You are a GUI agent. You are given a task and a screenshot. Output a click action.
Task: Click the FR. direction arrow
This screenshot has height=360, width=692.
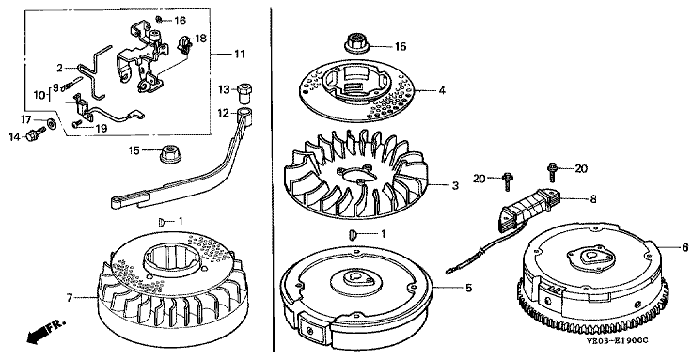(x=45, y=331)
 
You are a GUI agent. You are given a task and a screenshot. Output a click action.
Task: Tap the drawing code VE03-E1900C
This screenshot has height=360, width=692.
(x=618, y=340)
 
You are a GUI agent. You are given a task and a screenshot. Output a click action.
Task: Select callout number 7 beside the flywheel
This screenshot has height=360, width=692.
(x=70, y=298)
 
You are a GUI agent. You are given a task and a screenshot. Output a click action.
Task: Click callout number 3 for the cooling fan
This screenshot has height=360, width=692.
(x=455, y=186)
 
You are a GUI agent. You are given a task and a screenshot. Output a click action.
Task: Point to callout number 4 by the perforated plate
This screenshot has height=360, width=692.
(x=441, y=91)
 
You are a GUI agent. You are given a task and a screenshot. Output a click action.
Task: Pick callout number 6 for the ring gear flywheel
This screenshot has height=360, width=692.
(x=684, y=247)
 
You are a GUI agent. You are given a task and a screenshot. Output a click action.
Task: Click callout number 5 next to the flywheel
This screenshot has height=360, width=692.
(x=468, y=289)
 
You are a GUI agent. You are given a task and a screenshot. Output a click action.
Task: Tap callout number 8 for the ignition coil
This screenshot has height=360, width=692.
(x=593, y=199)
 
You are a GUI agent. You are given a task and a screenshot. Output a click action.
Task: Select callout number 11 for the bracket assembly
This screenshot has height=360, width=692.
(x=239, y=55)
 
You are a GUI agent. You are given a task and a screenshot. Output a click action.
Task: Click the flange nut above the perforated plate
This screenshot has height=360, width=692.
(x=355, y=42)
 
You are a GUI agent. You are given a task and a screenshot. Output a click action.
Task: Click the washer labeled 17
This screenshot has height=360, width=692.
(x=52, y=123)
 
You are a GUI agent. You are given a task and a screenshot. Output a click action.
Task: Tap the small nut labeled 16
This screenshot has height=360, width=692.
(x=159, y=19)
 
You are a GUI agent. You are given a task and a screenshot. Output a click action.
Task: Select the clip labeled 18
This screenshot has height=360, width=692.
(x=185, y=43)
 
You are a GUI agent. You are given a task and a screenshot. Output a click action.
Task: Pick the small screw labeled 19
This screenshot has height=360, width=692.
(x=77, y=123)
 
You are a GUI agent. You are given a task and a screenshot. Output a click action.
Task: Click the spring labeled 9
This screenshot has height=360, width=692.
(x=72, y=85)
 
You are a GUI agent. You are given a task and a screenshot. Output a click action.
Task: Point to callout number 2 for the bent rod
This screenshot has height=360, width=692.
(x=60, y=69)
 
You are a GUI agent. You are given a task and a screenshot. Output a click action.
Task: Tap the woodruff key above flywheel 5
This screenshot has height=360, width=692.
(x=352, y=233)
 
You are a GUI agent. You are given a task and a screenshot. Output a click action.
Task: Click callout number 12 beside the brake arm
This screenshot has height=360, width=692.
(x=224, y=114)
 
